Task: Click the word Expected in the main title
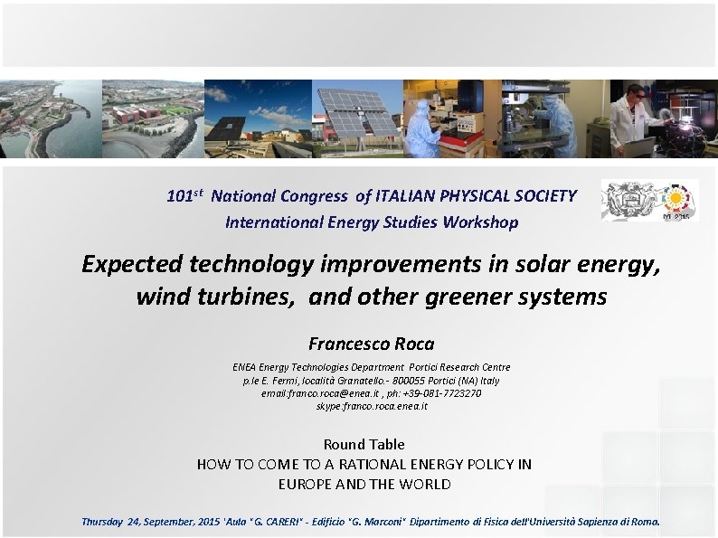coord(131,264)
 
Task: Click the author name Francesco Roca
coord(371,344)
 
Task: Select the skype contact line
coord(371,406)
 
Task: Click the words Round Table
coord(364,444)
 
